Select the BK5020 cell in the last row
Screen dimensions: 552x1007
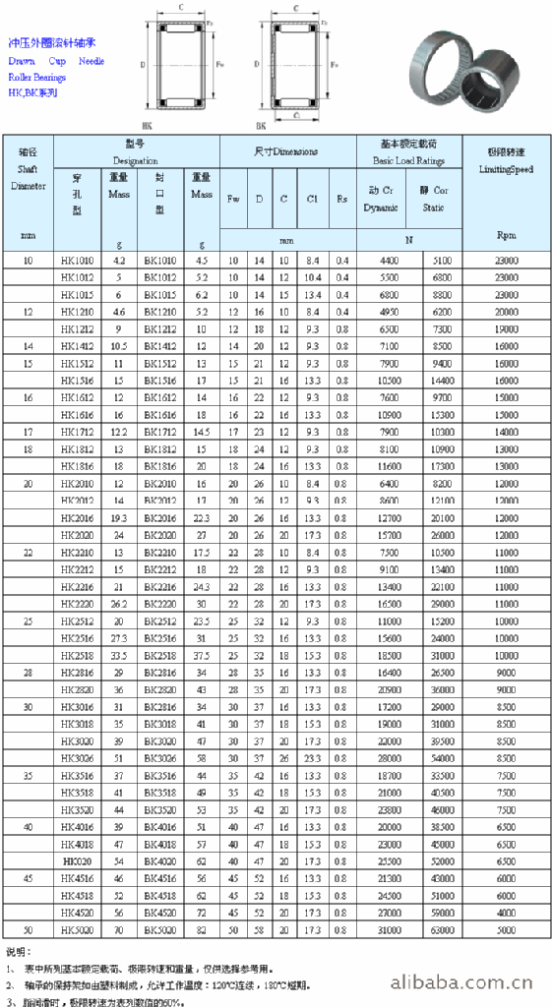click(x=160, y=930)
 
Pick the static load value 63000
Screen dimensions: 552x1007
click(x=441, y=930)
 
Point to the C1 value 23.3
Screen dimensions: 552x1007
click(x=312, y=758)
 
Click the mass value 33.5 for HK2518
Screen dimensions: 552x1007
click(x=119, y=655)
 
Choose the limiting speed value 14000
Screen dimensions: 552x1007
click(x=506, y=432)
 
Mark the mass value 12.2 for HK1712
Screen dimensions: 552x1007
click(x=119, y=432)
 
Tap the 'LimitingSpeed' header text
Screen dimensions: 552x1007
click(x=506, y=169)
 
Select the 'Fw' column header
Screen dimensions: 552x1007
click(x=233, y=198)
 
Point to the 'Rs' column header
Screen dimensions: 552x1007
click(x=341, y=198)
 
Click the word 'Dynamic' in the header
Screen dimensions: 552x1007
click(x=381, y=207)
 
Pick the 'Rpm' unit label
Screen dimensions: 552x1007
click(x=506, y=235)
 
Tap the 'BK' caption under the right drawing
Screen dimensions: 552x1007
click(x=262, y=126)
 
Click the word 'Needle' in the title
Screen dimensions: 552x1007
click(x=92, y=61)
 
